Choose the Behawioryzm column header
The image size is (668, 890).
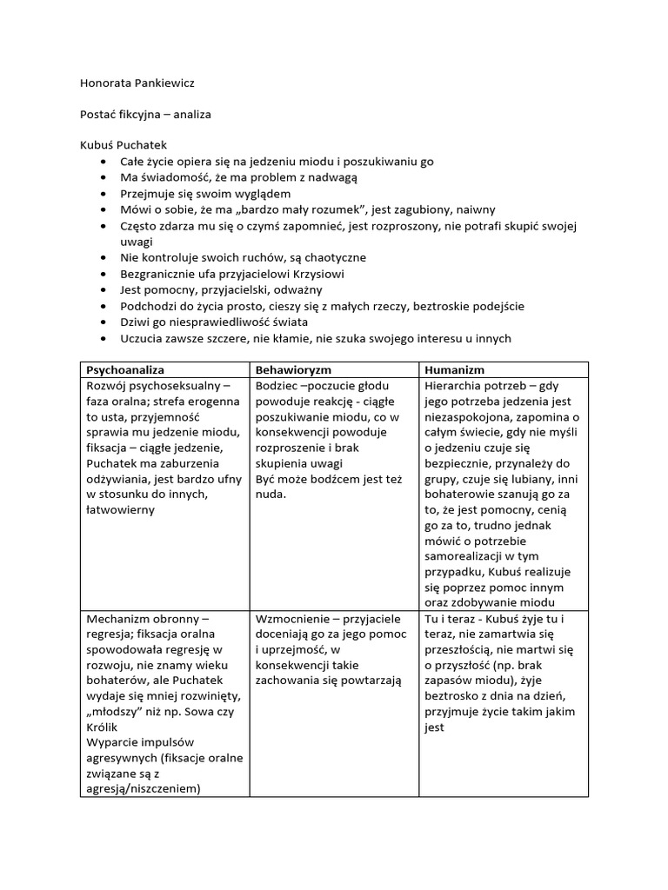(294, 370)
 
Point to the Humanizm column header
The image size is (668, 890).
(453, 370)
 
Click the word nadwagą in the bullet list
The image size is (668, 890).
(332, 177)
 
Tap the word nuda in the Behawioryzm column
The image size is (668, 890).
(271, 495)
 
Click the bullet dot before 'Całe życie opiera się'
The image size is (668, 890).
(104, 162)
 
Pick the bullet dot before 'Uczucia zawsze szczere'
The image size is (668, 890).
(104, 339)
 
